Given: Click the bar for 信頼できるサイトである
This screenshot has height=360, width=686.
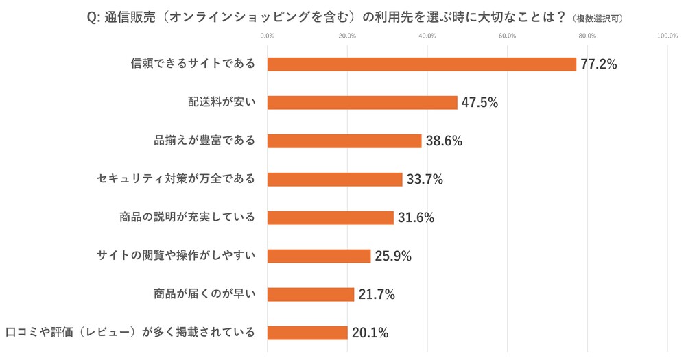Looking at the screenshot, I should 421,64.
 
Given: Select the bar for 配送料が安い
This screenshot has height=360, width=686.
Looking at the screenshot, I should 362,103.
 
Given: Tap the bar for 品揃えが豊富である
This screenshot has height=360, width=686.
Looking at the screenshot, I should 344,141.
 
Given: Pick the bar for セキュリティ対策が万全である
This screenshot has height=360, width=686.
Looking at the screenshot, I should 335,180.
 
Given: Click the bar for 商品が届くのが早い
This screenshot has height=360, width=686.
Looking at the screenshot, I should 311,295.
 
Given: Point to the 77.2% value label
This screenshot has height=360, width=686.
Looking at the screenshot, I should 599,64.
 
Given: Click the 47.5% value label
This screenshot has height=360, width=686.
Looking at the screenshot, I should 480,103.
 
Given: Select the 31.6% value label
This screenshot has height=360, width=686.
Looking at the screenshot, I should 416,218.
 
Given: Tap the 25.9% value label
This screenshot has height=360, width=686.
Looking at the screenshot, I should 393,256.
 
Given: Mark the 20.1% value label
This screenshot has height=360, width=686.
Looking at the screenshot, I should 370,333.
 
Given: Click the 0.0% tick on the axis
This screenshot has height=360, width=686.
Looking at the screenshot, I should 268,36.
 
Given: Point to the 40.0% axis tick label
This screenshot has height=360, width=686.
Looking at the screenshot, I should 427,36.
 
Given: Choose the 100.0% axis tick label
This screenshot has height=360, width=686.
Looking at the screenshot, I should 667,36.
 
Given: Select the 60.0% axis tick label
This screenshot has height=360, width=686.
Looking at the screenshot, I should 507,36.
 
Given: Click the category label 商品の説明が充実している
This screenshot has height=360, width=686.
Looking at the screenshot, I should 187,218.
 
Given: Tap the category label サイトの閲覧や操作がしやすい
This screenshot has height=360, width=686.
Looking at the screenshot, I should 176,256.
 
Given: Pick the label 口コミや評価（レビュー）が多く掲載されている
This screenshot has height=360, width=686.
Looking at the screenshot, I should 130,333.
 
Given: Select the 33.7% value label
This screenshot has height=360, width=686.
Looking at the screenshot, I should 425,180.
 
